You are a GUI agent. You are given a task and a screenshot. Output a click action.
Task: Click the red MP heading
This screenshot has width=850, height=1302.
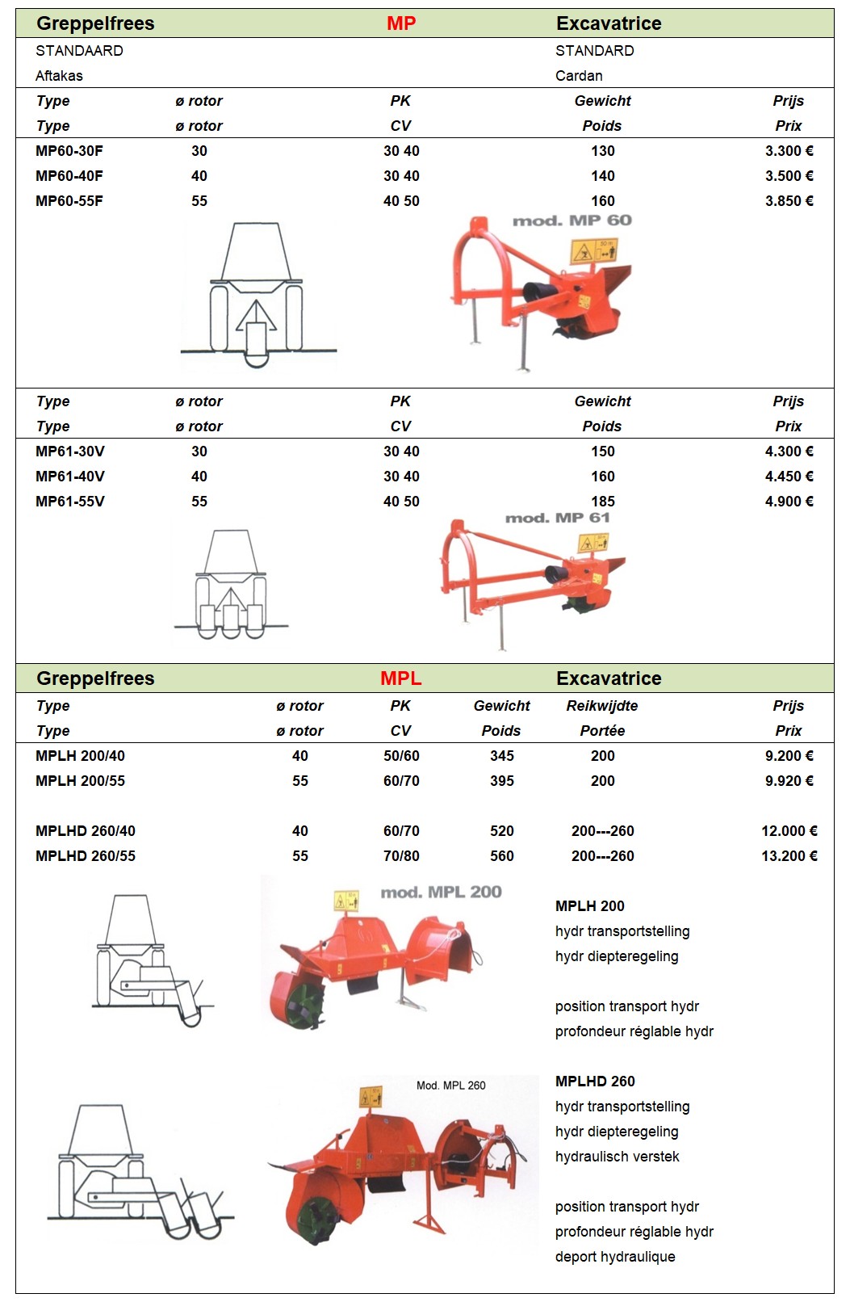click(401, 23)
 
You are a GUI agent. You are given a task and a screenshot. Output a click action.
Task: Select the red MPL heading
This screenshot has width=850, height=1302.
click(401, 678)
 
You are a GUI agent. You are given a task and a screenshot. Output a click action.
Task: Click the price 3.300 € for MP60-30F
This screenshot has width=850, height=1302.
click(789, 151)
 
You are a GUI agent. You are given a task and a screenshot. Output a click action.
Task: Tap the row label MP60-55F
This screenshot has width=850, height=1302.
click(69, 201)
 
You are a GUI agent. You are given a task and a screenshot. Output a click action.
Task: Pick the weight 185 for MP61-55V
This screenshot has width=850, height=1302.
click(602, 502)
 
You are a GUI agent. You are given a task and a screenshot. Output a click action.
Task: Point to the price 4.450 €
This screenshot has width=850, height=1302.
click(789, 477)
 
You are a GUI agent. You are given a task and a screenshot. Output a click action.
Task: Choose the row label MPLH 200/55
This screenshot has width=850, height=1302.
click(80, 781)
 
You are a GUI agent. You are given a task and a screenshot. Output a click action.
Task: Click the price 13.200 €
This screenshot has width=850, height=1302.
click(789, 856)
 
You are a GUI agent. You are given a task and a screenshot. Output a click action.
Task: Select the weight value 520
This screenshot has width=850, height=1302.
click(501, 831)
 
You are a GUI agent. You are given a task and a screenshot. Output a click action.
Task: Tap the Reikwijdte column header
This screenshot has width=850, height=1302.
click(602, 706)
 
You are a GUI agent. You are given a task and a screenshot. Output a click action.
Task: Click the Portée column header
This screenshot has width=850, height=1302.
click(602, 731)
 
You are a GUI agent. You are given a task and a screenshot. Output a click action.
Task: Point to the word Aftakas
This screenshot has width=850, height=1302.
click(59, 76)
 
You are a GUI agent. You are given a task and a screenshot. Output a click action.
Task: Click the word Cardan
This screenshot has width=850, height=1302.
click(579, 76)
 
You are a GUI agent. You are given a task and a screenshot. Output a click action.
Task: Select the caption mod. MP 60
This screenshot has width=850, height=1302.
click(572, 220)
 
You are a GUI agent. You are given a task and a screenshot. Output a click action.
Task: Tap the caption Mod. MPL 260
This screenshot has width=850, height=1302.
click(450, 1086)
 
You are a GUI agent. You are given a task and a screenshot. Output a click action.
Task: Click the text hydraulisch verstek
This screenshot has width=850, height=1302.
click(617, 1157)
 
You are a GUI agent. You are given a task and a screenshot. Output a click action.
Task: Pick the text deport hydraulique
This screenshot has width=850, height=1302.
click(615, 1257)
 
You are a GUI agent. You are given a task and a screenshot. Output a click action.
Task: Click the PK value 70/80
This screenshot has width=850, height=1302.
click(401, 856)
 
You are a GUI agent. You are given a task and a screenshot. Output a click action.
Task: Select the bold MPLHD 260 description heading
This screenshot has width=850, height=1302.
click(595, 1081)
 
